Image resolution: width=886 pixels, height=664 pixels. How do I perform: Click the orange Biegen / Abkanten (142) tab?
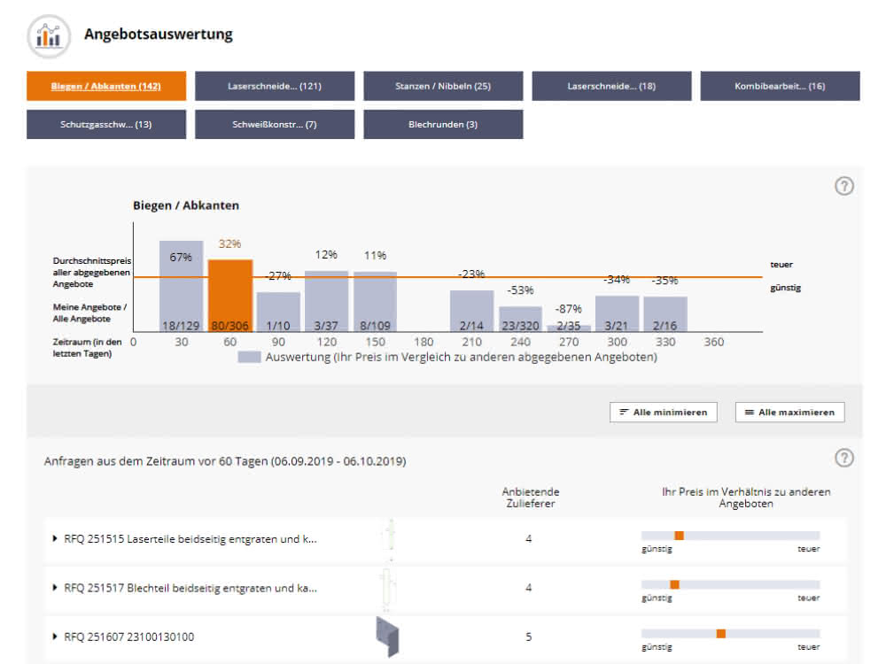(x=106, y=86)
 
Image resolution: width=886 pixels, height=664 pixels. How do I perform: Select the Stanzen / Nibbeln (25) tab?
(x=443, y=86)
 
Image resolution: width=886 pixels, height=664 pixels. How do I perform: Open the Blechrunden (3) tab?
(x=443, y=124)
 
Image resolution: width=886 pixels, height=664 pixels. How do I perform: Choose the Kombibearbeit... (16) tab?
(x=780, y=86)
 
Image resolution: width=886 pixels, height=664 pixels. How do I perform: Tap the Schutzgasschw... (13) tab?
(x=106, y=124)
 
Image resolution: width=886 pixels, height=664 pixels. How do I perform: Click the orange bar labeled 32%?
(x=230, y=296)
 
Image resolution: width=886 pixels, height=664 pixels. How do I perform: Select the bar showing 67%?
(x=181, y=286)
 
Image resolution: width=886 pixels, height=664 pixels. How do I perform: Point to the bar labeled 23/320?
(x=520, y=319)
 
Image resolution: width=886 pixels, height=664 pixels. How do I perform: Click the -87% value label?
(x=569, y=309)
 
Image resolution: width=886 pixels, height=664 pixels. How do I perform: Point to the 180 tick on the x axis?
(x=424, y=342)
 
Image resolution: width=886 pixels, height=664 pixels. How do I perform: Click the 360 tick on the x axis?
(x=713, y=342)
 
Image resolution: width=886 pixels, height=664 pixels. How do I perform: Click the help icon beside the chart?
(x=844, y=186)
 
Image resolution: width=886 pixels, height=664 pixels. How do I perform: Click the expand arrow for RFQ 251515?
(x=55, y=538)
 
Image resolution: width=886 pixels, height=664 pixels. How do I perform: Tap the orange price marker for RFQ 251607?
(x=721, y=634)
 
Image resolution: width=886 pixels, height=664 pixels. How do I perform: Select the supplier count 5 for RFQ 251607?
(x=528, y=637)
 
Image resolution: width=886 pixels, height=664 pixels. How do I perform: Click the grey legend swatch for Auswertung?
(x=249, y=357)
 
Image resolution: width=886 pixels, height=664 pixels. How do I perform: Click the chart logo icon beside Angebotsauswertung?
(x=49, y=36)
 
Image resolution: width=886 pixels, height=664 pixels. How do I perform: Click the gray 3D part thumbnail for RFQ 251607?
(x=388, y=637)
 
